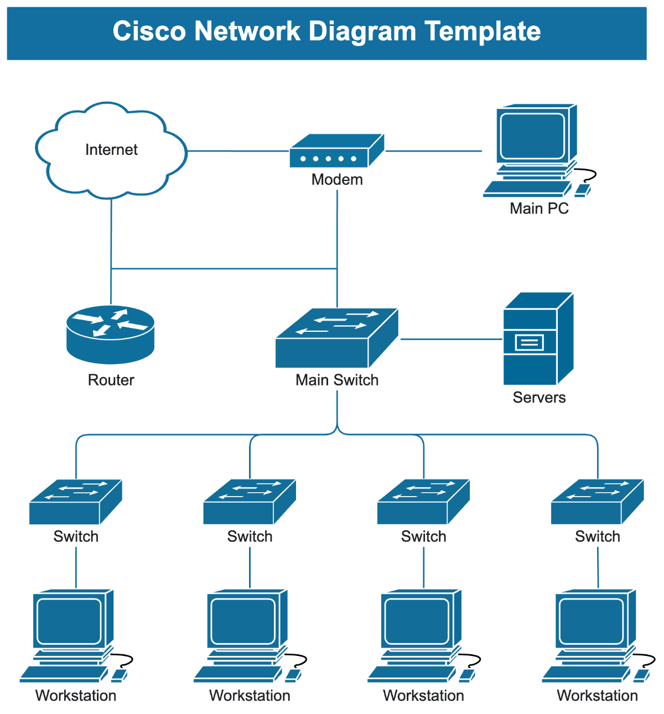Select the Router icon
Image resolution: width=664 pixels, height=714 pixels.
pyautogui.click(x=110, y=334)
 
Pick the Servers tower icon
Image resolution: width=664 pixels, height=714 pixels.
pyautogui.click(x=537, y=339)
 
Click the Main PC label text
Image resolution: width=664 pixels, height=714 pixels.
pyautogui.click(x=539, y=209)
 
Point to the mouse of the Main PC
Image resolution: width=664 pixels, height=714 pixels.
pyautogui.click(x=582, y=190)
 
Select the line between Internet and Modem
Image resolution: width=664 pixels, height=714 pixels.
pyautogui.click(x=238, y=151)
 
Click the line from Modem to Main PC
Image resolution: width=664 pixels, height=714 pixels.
pyautogui.click(x=433, y=151)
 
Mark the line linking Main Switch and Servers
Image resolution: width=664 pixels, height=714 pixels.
pyautogui.click(x=451, y=339)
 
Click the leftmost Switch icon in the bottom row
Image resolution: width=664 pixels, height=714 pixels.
pyautogui.click(x=75, y=502)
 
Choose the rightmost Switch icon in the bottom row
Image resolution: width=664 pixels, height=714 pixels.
pyautogui.click(x=597, y=502)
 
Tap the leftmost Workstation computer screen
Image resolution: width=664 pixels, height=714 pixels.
pyautogui.click(x=69, y=621)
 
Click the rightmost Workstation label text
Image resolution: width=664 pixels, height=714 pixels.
pyautogui.click(x=597, y=696)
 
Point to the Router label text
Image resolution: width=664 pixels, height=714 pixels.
pyautogui.click(x=111, y=380)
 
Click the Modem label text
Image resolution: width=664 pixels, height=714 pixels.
pyautogui.click(x=337, y=180)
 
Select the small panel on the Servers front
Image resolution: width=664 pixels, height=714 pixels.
pyautogui.click(x=530, y=343)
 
